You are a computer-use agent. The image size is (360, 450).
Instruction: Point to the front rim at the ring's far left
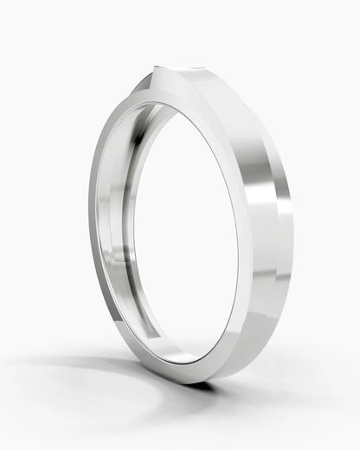tap(93, 225)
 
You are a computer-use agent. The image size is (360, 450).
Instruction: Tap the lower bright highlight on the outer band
tap(264, 286)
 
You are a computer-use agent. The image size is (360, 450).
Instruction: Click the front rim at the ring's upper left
tap(117, 121)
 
